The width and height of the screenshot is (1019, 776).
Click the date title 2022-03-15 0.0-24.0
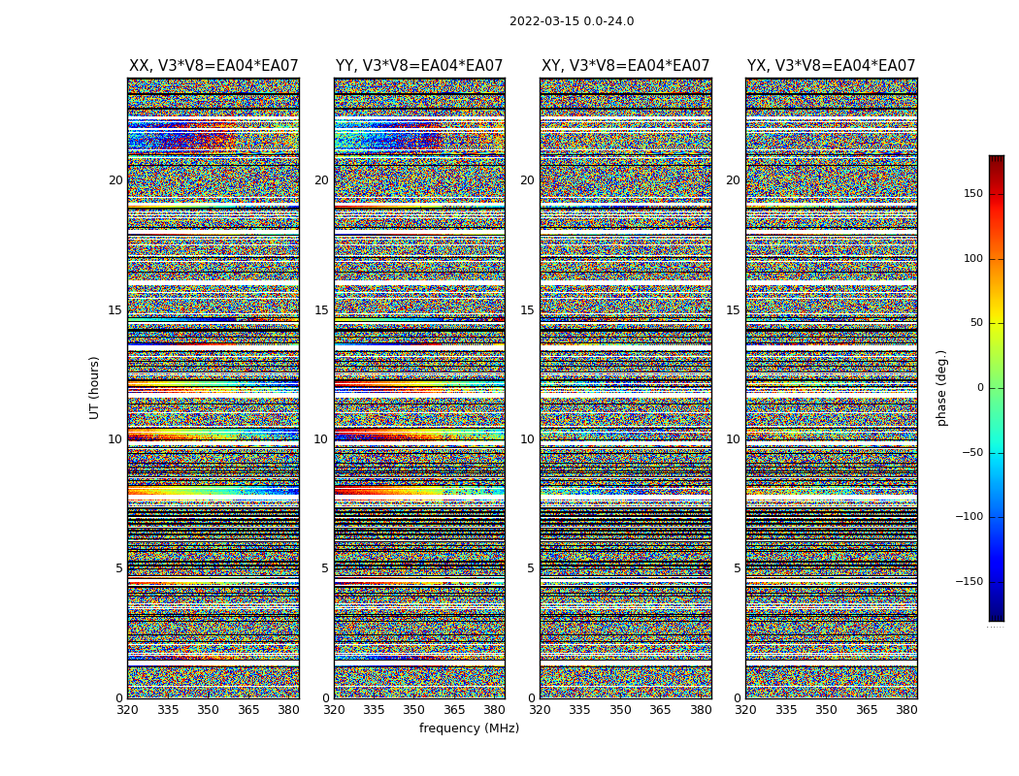(572, 21)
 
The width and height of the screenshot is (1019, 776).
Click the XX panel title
(214, 66)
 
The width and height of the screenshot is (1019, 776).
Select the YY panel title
(419, 66)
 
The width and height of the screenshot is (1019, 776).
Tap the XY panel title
(625, 66)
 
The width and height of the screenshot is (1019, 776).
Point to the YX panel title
(831, 66)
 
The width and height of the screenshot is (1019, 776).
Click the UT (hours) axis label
(95, 387)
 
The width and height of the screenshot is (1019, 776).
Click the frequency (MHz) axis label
(469, 728)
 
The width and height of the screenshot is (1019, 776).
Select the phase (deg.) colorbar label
(941, 388)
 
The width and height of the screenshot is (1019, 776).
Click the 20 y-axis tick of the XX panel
(115, 180)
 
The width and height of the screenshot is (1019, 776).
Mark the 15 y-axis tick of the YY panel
(321, 310)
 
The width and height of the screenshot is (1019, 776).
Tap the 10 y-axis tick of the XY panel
(527, 439)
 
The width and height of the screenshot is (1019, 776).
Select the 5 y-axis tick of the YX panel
(737, 568)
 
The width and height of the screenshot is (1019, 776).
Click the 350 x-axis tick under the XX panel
(208, 710)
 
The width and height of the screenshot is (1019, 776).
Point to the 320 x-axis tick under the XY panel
(541, 710)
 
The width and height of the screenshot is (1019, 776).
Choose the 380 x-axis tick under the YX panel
(906, 710)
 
